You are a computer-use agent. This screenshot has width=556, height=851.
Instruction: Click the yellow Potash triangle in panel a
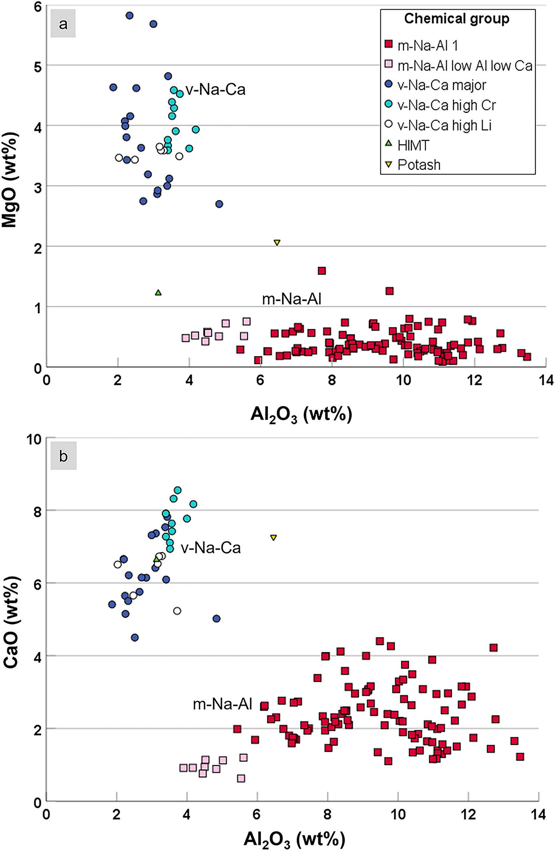click(x=277, y=243)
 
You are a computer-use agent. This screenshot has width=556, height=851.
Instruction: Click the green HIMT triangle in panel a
click(x=158, y=293)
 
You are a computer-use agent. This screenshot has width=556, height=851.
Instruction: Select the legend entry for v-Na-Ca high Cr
click(x=446, y=105)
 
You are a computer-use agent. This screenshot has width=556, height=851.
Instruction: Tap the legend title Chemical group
click(x=457, y=18)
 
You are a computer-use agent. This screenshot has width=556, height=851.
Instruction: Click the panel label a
click(x=63, y=24)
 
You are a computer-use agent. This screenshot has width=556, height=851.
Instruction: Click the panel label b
click(x=63, y=457)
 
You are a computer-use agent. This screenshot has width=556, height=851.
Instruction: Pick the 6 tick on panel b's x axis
click(x=257, y=812)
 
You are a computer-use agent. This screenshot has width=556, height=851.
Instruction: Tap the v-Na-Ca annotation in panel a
click(x=215, y=89)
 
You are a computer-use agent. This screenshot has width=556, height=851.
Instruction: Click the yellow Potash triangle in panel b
click(x=274, y=538)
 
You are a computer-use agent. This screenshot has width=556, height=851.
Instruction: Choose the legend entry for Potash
click(x=419, y=165)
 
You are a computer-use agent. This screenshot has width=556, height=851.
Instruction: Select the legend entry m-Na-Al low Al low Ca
click(x=465, y=65)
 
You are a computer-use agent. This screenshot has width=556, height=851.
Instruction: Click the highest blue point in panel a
click(x=130, y=15)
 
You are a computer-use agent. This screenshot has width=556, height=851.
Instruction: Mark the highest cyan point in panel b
click(x=178, y=490)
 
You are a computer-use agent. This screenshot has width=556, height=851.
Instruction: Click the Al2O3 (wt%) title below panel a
click(x=301, y=415)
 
